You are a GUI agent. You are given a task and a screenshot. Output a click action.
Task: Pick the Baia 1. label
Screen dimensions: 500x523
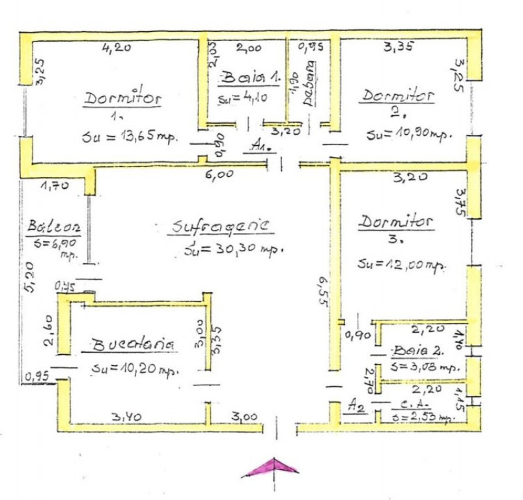(250, 77)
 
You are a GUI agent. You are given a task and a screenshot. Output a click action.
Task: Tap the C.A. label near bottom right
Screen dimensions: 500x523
(410, 404)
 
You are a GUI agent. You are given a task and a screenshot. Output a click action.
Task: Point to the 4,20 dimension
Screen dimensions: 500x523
(117, 48)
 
